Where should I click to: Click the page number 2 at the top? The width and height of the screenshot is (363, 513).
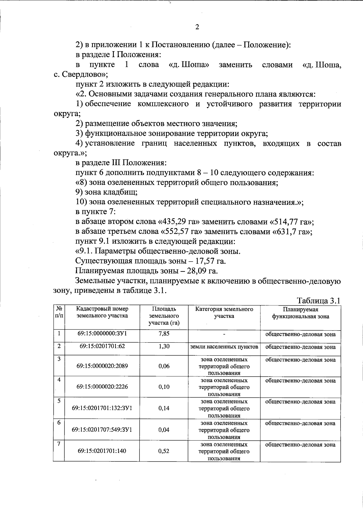point(197,27)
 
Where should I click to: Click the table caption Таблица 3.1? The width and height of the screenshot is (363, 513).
point(319,301)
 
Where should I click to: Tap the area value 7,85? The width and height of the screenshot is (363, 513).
point(164,334)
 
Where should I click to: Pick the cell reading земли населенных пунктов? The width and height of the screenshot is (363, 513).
point(224,347)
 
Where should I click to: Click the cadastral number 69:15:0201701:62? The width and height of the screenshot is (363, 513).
point(102,346)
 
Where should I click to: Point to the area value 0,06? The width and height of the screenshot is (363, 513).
point(164,366)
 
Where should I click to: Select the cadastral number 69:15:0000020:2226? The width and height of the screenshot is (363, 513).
point(102,387)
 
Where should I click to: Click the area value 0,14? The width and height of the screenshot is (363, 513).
point(164,408)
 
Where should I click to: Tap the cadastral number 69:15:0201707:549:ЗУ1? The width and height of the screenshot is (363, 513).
point(102,430)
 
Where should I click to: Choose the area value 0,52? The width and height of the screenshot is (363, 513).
point(164,451)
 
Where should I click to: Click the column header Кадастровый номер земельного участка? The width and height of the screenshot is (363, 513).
point(102,312)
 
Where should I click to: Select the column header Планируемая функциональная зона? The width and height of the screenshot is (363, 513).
point(300,313)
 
